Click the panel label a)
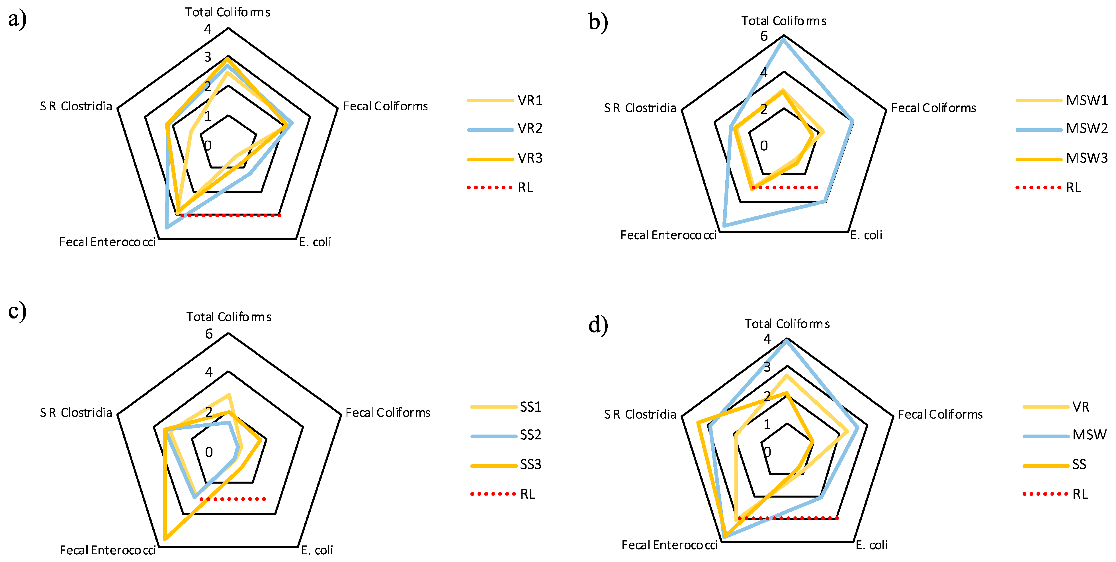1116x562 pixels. (x=17, y=19)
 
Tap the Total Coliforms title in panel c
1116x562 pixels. (x=229, y=317)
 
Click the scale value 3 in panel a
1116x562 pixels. (x=208, y=57)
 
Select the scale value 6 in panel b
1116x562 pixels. (x=764, y=36)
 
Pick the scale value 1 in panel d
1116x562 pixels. (x=767, y=424)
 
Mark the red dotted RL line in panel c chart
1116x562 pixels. (x=233, y=499)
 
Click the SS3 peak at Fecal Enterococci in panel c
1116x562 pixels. (x=165, y=539)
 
